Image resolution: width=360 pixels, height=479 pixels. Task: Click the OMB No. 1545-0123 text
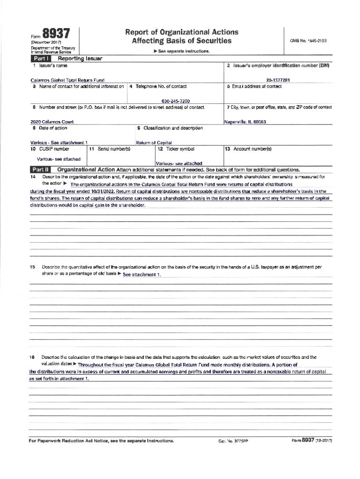(308, 41)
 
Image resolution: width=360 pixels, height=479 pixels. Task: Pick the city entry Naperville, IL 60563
(245, 122)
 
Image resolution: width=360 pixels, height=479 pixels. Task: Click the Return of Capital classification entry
(154, 142)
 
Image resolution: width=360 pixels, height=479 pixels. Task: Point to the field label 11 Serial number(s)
(109, 149)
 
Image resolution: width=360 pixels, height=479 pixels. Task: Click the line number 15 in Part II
(32, 267)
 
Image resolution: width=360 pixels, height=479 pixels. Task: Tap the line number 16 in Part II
(32, 357)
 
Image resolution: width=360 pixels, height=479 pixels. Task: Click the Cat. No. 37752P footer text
(231, 441)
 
